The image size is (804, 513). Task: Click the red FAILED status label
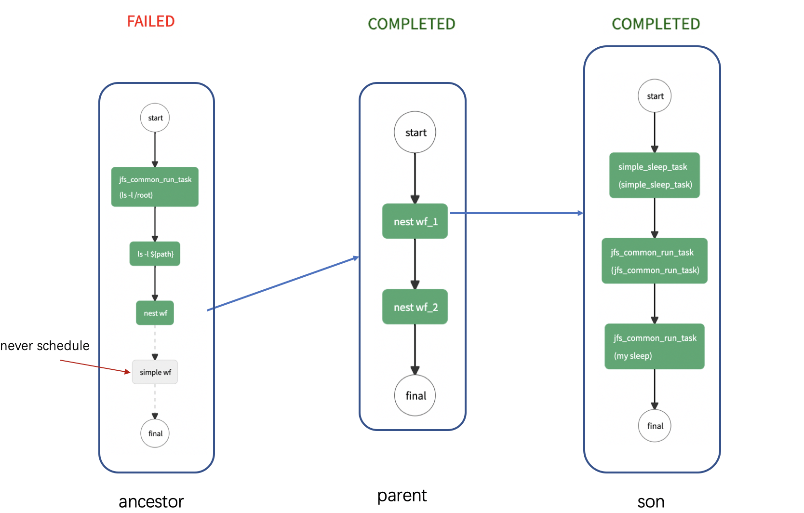[x=150, y=21]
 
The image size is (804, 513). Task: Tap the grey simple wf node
[x=155, y=372]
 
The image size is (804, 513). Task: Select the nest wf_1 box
[x=415, y=221]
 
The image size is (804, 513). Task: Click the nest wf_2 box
[x=415, y=307]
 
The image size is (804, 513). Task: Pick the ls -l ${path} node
[x=155, y=254]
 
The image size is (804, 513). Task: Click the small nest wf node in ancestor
[x=155, y=313]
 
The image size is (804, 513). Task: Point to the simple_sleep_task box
[x=655, y=175]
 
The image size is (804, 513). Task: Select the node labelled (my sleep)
[x=655, y=347]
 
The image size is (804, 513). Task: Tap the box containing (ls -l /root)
[x=155, y=187]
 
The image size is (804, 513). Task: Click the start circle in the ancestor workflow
[x=155, y=118]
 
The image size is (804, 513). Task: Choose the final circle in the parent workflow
[x=415, y=395]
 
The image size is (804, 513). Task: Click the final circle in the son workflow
[x=655, y=426]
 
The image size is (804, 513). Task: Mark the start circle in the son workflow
[x=655, y=96]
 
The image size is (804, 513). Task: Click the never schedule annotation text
[x=45, y=346]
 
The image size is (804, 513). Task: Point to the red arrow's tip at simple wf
[x=129, y=372]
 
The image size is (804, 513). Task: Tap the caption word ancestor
[x=151, y=501]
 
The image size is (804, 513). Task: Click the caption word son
[x=651, y=501]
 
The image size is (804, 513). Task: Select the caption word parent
[x=402, y=496]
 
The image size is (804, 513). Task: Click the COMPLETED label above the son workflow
[x=656, y=24]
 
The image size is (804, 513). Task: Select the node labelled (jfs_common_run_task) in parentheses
[x=655, y=261]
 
